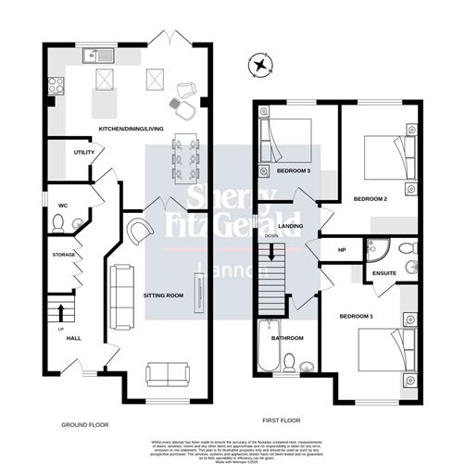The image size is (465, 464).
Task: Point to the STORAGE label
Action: click(x=63, y=254)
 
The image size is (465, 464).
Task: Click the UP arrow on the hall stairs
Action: click(x=62, y=309)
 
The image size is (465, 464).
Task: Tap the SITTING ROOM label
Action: click(x=162, y=296)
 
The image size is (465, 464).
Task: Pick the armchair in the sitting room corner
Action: click(x=140, y=231)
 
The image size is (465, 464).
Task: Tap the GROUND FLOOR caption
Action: click(x=84, y=424)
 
